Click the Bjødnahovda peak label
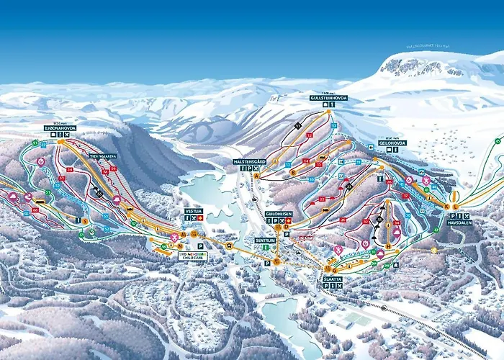[x=60, y=128]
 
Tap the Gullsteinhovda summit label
[x=328, y=97]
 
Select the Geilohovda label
[x=392, y=143]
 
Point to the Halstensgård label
[x=250, y=161]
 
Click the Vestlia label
[x=193, y=211]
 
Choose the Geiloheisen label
[x=277, y=214]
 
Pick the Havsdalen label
[x=458, y=222]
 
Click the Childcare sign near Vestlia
[x=193, y=255]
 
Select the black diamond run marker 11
[x=297, y=125]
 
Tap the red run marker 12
[x=310, y=135]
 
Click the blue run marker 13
[x=333, y=125]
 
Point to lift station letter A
[x=256, y=175]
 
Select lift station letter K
[x=446, y=207]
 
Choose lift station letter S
[x=84, y=221]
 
